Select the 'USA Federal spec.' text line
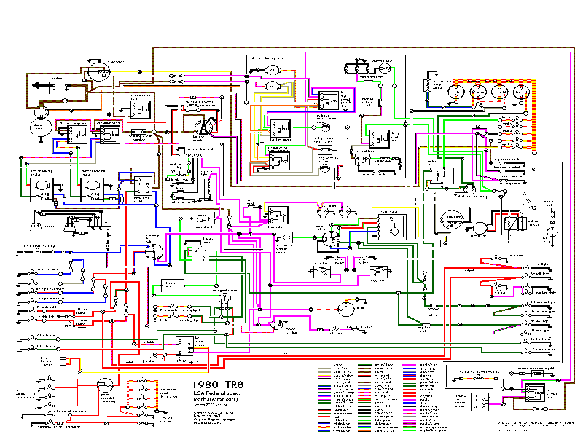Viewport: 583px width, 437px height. click(218, 393)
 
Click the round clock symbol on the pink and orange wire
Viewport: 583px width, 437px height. click(348, 309)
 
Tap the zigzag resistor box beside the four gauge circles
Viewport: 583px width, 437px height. click(428, 87)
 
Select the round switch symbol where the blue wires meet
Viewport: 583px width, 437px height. click(154, 252)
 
